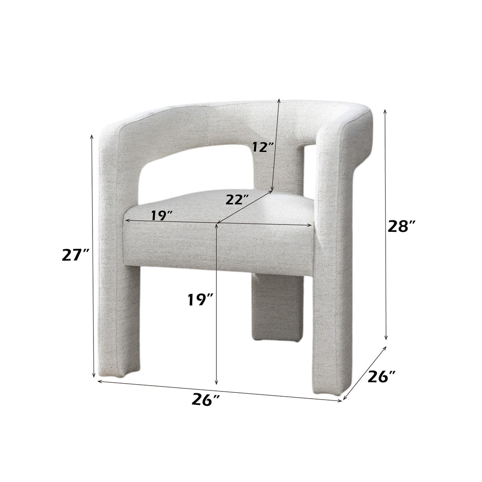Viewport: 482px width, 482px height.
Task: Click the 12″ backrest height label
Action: [x=262, y=147]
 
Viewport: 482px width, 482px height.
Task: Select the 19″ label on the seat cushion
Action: [x=161, y=215]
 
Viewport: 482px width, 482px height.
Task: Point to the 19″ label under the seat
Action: [x=201, y=300]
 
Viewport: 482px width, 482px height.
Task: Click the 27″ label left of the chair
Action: [x=76, y=255]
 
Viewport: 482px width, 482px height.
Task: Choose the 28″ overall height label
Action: [x=401, y=226]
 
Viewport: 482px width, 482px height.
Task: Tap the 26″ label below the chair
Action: [x=205, y=400]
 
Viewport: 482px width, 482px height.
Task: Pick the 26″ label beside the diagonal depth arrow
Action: [x=382, y=376]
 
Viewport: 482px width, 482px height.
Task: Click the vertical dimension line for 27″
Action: [x=93, y=255]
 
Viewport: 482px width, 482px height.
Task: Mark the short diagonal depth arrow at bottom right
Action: [x=365, y=372]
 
